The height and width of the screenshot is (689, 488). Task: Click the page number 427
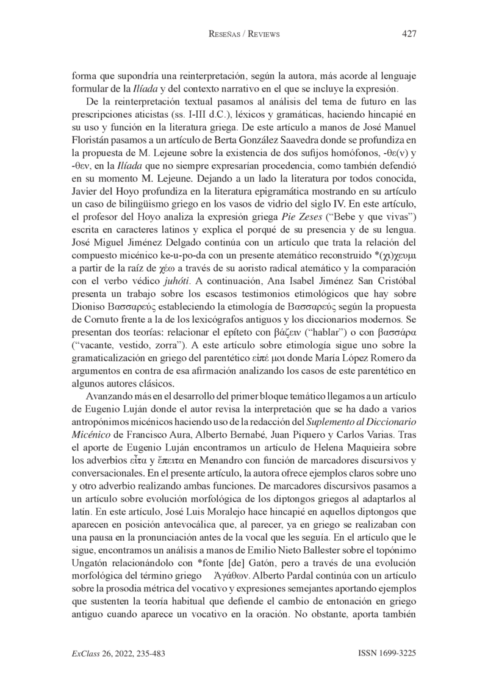[409, 34]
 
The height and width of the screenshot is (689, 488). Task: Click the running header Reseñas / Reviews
[244, 35]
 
